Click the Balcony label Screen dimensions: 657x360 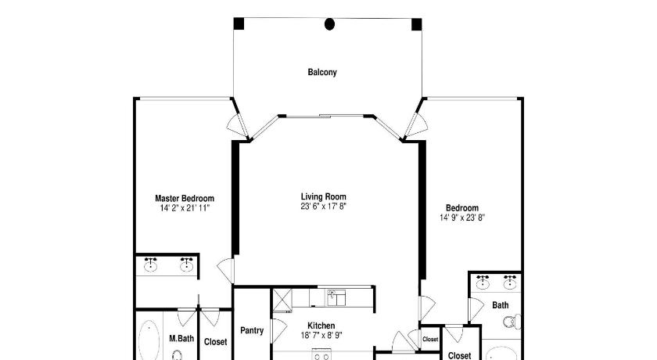(x=322, y=72)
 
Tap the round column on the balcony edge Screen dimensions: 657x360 (x=330, y=24)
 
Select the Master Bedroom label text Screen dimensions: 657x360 (x=185, y=198)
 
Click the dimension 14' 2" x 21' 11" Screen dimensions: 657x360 (x=185, y=208)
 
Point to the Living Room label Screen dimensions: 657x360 (x=324, y=196)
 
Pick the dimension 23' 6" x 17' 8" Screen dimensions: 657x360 (x=324, y=206)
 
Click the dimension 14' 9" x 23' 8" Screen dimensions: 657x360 (x=462, y=218)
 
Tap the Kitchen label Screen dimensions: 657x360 (x=321, y=326)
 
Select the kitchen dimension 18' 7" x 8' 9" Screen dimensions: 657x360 (x=321, y=335)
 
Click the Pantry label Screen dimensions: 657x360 (x=252, y=331)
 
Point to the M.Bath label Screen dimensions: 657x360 (x=181, y=338)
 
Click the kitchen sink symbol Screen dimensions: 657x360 (x=336, y=298)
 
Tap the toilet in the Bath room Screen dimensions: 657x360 (x=512, y=322)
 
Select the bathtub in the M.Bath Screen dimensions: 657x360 (x=149, y=340)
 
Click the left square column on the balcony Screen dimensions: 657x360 (x=239, y=24)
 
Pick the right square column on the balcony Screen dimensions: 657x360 (x=416, y=24)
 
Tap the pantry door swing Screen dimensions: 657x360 (x=279, y=329)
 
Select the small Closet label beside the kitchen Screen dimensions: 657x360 (x=430, y=340)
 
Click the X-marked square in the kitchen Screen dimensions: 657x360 (x=282, y=299)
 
